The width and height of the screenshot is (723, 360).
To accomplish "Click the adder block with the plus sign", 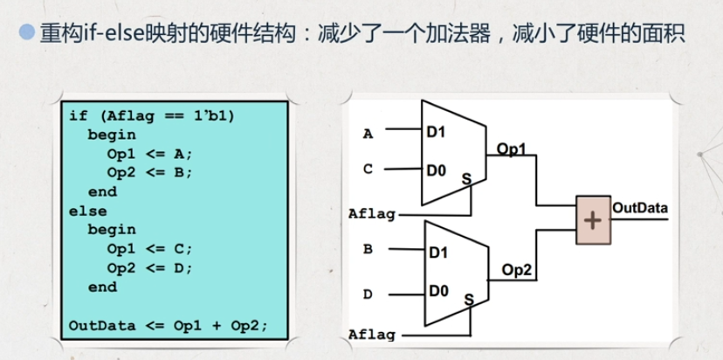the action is point(594,219).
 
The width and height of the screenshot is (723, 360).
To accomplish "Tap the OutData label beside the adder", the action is point(639,208).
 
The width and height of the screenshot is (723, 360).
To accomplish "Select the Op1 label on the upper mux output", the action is point(511,149).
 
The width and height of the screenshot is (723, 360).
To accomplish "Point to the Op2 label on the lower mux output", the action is point(516,271).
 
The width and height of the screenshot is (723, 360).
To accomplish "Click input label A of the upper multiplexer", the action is point(368,135).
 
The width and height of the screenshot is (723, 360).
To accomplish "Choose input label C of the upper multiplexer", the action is point(368,170).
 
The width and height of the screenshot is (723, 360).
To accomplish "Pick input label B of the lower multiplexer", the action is point(368,250).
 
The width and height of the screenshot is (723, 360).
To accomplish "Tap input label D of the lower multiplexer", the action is point(368,294).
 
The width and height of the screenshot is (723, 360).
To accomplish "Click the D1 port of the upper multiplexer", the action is point(436,133).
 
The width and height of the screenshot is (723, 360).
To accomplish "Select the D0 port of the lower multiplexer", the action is point(438,291).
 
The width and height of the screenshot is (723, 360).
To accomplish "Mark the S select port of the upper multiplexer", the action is point(466,179).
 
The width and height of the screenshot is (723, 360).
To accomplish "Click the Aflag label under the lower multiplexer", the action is point(372,335).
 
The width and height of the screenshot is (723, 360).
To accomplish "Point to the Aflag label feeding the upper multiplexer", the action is point(372,214).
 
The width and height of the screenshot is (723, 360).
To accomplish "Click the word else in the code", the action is point(87,211).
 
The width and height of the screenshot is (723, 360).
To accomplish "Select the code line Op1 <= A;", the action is point(149,154).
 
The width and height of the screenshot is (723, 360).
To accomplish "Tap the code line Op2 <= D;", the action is point(149,268).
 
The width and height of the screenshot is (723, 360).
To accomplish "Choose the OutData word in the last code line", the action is point(102,325).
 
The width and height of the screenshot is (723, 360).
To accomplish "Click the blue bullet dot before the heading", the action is point(28,32).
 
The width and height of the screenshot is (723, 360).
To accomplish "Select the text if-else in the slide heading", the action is point(114,34).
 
